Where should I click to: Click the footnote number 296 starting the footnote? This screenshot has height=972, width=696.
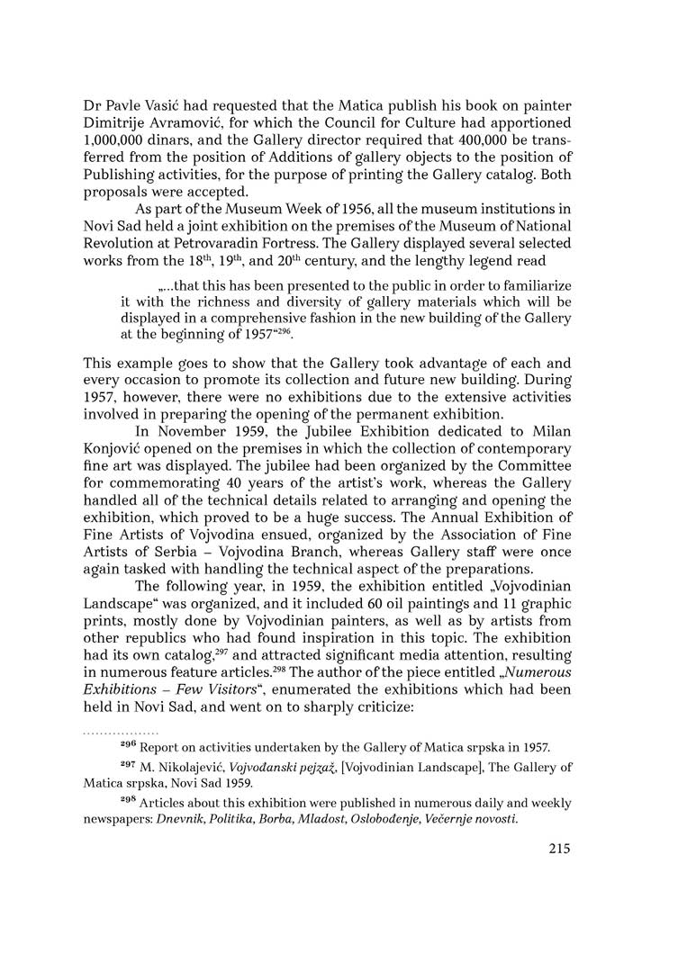coord(128,746)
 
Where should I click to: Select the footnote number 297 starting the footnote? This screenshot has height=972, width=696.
coord(128,767)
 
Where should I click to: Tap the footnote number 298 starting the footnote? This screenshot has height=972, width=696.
coord(128,802)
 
